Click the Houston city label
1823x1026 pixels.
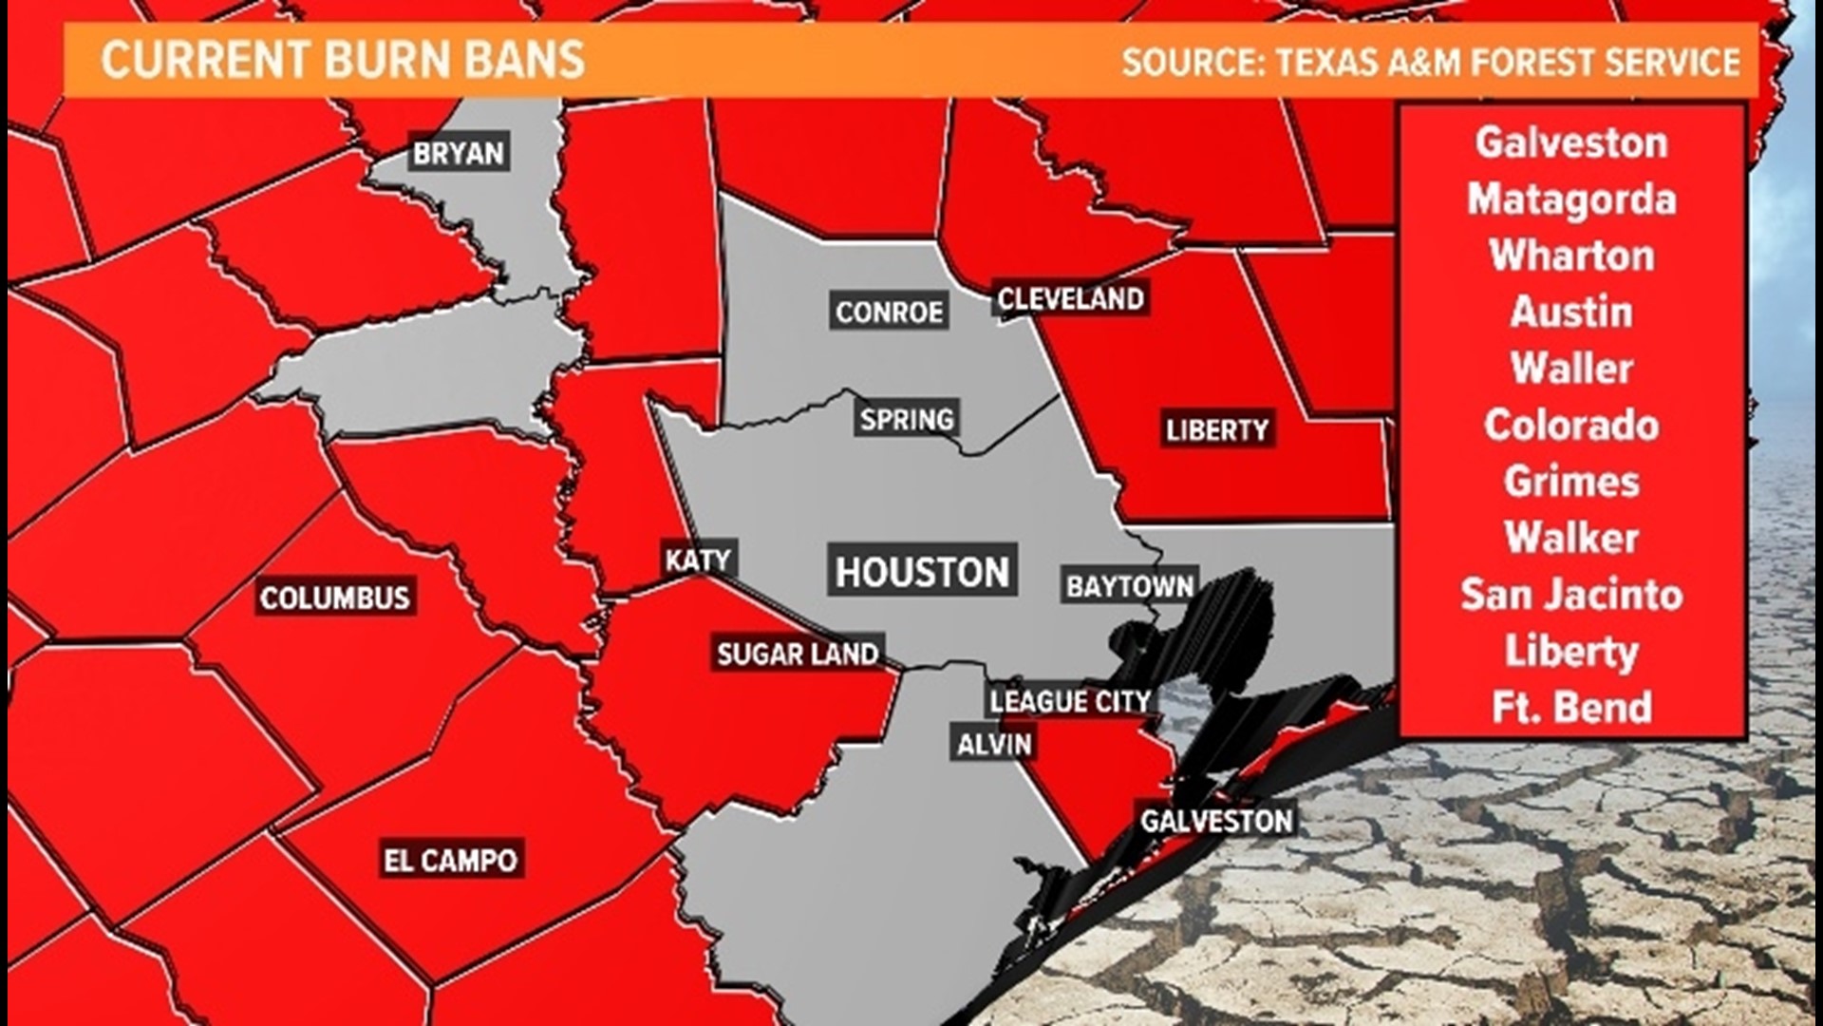pyautogui.click(x=922, y=572)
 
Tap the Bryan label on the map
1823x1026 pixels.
pyautogui.click(x=459, y=153)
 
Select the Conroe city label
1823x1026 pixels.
pyautogui.click(x=889, y=312)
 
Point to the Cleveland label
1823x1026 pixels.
pyautogui.click(x=1070, y=299)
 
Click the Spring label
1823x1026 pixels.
pyautogui.click(x=906, y=419)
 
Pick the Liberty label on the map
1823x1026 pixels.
pyautogui.click(x=1216, y=430)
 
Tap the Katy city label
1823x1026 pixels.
pyautogui.click(x=698, y=560)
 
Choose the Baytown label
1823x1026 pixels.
pyautogui.click(x=1129, y=586)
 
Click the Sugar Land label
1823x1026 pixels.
pyautogui.click(x=798, y=654)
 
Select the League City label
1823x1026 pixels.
pyautogui.click(x=1070, y=701)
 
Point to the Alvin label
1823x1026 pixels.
pyautogui.click(x=994, y=744)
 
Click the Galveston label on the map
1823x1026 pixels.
pyautogui.click(x=1216, y=821)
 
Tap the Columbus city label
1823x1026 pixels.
pyautogui.click(x=334, y=598)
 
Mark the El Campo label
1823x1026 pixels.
pyautogui.click(x=450, y=861)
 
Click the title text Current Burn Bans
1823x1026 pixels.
pyautogui.click(x=343, y=61)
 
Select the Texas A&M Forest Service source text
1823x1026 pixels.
pyautogui.click(x=1431, y=63)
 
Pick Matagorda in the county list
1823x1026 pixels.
pyautogui.click(x=1571, y=199)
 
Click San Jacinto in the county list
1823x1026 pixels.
pyautogui.click(x=1571, y=595)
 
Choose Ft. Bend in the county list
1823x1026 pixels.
pyautogui.click(x=1571, y=708)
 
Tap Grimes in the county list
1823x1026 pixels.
pyautogui.click(x=1571, y=482)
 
